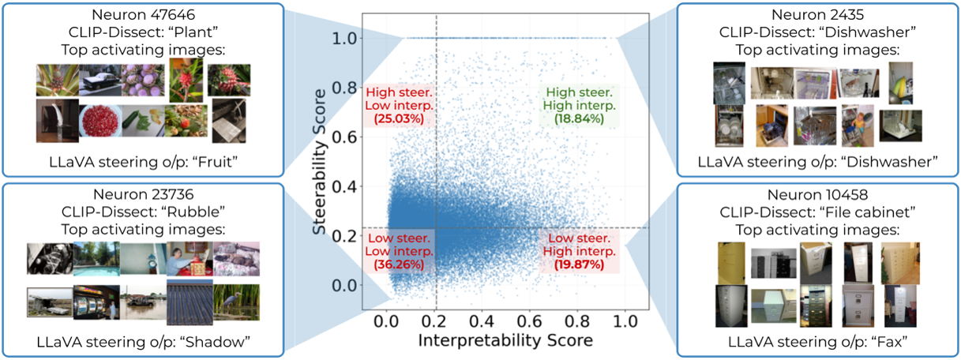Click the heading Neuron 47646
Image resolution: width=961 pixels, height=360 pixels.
[x=143, y=14]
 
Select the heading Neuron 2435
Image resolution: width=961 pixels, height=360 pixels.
[x=817, y=14]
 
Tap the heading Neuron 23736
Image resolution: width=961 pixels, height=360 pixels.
[x=143, y=194]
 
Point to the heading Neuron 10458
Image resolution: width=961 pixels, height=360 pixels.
[x=817, y=195]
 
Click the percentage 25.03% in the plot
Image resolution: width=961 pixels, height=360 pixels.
[x=399, y=118]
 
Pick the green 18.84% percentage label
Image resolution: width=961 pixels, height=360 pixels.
[x=579, y=118]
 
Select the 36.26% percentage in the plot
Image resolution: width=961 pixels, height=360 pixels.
[x=399, y=264]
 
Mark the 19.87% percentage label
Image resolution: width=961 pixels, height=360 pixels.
[x=579, y=264]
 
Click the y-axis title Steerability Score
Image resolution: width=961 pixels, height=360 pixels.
[x=319, y=162]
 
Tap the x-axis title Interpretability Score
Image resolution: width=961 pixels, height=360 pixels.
[x=505, y=340]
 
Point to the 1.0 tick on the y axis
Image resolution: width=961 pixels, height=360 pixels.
[x=344, y=39]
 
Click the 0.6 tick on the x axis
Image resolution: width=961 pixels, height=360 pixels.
[x=530, y=321]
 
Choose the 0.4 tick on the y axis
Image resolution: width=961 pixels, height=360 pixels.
[x=344, y=186]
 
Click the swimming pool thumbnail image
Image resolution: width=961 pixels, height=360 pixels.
[x=96, y=258]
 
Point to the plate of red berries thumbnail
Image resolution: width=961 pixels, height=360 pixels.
[x=100, y=122]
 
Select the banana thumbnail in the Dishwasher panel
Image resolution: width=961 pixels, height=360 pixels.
[x=900, y=83]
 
